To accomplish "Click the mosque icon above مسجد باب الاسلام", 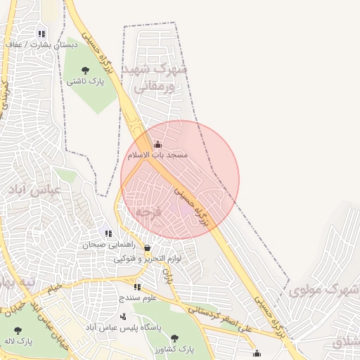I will point(157,145).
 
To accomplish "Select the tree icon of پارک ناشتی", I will point(85,70).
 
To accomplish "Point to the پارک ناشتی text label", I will point(85,81).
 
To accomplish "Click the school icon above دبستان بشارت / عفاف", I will point(41,34).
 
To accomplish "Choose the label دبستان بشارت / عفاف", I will point(41,44).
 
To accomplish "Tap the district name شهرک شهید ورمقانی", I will point(155,79).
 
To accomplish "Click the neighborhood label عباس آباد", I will point(35,189).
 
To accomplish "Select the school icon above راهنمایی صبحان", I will point(108,234).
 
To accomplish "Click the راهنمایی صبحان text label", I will point(105,245).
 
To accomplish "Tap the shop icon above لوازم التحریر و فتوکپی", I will point(147,248).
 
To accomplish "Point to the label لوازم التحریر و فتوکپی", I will point(148,259).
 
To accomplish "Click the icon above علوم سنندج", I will point(137,287).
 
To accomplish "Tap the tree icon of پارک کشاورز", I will point(174,338).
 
